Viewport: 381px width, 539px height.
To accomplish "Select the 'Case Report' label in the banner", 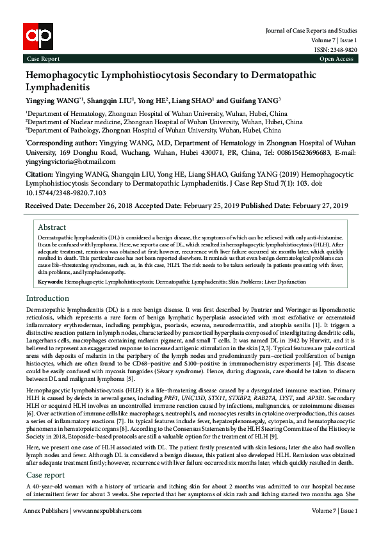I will (x=42, y=59).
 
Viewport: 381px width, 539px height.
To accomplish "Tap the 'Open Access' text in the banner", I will (x=336, y=59).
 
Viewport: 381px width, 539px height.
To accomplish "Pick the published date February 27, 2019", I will (x=320, y=205).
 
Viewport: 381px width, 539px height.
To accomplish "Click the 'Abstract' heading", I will (x=52, y=227).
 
